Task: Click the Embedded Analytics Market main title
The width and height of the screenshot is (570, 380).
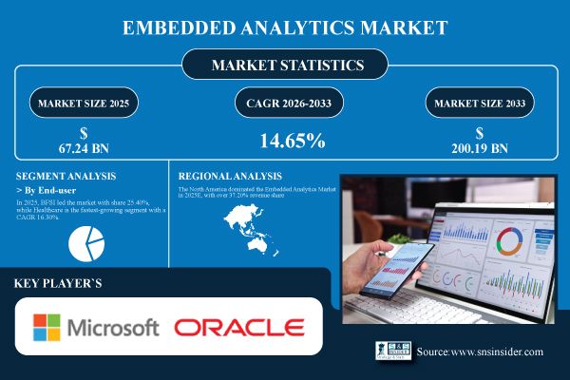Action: [285, 28]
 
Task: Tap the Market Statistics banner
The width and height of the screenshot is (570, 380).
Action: [285, 66]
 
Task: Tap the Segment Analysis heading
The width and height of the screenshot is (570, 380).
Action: [66, 176]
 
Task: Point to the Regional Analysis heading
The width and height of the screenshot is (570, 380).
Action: [231, 176]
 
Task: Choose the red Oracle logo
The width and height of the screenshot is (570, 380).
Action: [238, 329]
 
